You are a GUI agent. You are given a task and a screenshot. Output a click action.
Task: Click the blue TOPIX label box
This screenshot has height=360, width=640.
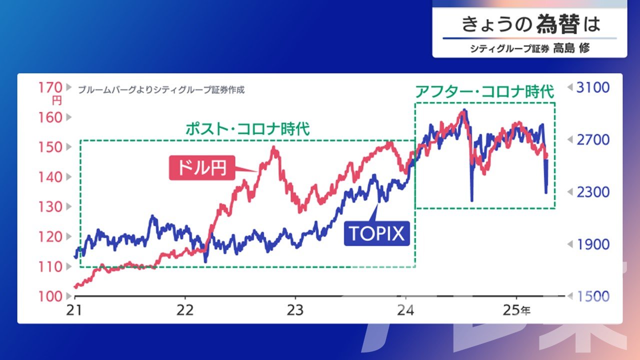pyautogui.click(x=376, y=233)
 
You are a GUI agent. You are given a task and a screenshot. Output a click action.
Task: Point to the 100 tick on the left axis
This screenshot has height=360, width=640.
pyautogui.click(x=50, y=296)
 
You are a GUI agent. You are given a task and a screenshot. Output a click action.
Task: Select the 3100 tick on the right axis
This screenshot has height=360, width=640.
pyautogui.click(x=593, y=87)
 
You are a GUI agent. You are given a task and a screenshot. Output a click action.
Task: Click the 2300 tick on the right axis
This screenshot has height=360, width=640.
pyautogui.click(x=593, y=192)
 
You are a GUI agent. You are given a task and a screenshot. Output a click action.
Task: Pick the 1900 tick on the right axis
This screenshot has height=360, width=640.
pyautogui.click(x=593, y=244)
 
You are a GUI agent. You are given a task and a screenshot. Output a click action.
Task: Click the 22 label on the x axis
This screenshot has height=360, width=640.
pyautogui.click(x=185, y=309)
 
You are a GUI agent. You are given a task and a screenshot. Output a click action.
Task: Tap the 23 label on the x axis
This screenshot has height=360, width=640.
pyautogui.click(x=295, y=309)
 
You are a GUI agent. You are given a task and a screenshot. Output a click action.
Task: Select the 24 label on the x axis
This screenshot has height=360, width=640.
pyautogui.click(x=405, y=309)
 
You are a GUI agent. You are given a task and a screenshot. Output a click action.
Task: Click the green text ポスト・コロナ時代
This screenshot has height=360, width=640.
pyautogui.click(x=247, y=129)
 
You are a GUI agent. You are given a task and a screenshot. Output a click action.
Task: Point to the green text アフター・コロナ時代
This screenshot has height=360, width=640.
pyautogui.click(x=484, y=92)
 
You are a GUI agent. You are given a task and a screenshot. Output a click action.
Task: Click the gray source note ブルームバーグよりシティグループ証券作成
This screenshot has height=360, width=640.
pyautogui.click(x=161, y=90)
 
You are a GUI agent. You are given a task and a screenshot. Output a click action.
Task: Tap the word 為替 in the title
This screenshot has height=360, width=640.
pyautogui.click(x=558, y=24)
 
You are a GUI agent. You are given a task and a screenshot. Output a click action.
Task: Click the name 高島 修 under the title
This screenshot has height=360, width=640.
pyautogui.click(x=571, y=48)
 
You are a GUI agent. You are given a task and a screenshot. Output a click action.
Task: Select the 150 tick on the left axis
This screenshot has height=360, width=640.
pyautogui.click(x=50, y=147)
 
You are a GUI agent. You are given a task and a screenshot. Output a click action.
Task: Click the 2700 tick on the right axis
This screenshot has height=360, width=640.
pyautogui.click(x=593, y=139)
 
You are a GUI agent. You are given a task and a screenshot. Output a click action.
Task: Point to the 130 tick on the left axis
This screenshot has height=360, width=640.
pyautogui.click(x=50, y=206)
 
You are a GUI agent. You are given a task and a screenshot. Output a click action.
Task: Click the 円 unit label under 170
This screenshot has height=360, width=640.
pyautogui.click(x=56, y=100)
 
